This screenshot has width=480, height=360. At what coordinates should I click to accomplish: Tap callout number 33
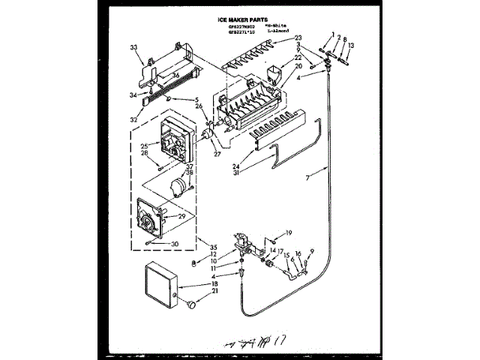coord(134,48)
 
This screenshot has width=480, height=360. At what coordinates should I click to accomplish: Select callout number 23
coord(298,37)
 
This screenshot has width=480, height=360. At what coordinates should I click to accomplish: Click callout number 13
coord(350,46)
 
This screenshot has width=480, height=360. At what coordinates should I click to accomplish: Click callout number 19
coord(289,232)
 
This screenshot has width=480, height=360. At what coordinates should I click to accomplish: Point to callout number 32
coord(134,118)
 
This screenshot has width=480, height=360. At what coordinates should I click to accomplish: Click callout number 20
coord(298,66)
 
